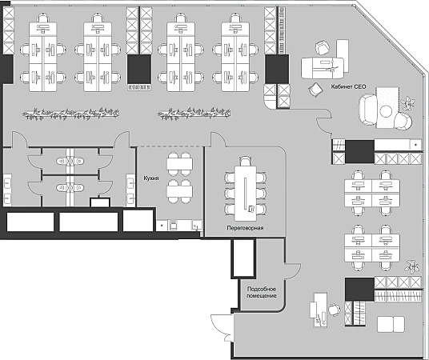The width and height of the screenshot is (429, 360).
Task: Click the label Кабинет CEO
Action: click(x=348, y=86)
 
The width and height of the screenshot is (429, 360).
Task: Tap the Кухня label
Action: click(x=151, y=178)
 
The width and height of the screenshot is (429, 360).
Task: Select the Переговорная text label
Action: click(x=245, y=227)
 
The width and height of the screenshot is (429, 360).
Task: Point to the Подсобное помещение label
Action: click(x=262, y=292)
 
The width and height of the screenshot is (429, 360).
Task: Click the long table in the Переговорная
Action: click(x=246, y=193)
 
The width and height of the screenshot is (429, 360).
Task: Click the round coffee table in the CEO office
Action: click(x=386, y=110)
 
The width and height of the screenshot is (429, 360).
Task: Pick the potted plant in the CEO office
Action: click(x=407, y=103)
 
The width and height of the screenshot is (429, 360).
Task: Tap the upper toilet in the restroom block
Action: click(x=70, y=161)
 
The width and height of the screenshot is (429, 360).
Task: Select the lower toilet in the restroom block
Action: click(x=70, y=188)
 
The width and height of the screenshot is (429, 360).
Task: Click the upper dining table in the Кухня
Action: click(x=179, y=164)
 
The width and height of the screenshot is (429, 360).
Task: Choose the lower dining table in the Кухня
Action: click(x=179, y=191)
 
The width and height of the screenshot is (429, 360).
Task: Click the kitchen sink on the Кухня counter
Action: click(x=197, y=226)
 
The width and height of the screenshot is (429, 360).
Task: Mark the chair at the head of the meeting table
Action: click(x=245, y=161)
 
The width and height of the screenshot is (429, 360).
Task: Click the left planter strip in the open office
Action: click(x=71, y=114)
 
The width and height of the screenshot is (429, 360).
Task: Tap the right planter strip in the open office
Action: click(x=194, y=114)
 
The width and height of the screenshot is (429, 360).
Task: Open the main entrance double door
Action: click(x=222, y=328)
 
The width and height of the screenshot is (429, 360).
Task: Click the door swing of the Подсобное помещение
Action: click(x=294, y=271)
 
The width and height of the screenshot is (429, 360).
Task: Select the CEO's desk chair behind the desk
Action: click(x=323, y=47)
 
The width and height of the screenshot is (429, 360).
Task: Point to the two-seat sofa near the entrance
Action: click(x=391, y=325)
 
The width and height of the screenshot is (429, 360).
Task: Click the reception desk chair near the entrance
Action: click(x=334, y=310)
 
